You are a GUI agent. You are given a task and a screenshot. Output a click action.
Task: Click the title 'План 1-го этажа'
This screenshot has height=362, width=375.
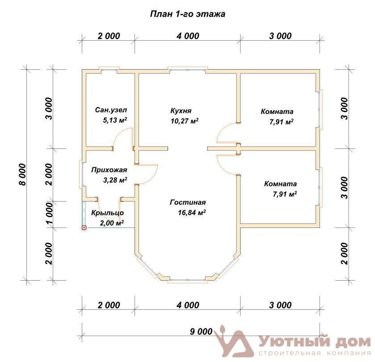tap(188, 14)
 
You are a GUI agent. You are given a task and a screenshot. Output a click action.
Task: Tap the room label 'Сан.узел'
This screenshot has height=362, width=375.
tap(111, 110)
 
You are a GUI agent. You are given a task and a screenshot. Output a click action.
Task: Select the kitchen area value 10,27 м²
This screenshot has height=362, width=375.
tap(185, 121)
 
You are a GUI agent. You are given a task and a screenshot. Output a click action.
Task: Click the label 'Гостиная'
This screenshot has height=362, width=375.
tap(188, 202)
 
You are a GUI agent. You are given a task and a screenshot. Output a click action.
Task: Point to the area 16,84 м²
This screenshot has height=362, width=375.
tap(192, 212)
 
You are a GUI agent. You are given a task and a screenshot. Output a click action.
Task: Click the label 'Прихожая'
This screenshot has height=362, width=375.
tap(109, 170)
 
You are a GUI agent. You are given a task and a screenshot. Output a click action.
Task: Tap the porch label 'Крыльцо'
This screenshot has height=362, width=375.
tap(107, 213)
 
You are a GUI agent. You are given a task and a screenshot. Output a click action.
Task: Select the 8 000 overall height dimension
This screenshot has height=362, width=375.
tap(22, 175)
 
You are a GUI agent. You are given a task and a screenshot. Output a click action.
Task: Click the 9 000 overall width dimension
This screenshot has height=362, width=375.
tap(201, 332)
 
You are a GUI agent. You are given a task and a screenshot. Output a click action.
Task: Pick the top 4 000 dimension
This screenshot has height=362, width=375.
tap(188, 36)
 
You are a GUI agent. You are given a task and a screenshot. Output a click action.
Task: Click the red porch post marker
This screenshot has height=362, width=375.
tap(84, 228)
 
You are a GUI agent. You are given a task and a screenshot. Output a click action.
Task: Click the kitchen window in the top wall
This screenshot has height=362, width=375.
tap(188, 69)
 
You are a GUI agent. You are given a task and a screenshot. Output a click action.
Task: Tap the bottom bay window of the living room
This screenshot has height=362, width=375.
tap(188, 280)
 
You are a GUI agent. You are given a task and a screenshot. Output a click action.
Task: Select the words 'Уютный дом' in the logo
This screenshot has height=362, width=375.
tap(315, 342)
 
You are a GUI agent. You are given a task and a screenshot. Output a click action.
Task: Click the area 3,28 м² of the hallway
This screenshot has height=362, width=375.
tap(115, 180)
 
